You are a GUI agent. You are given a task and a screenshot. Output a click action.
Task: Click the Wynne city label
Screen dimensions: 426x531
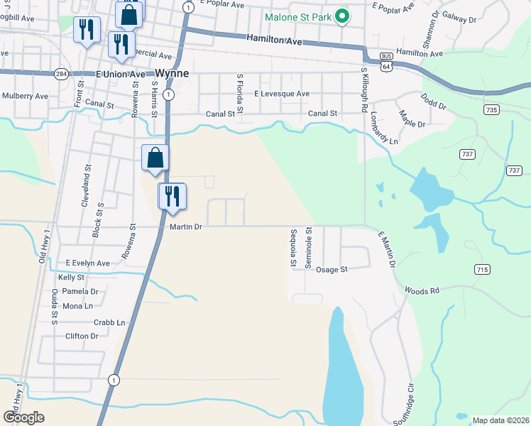pos(172,73)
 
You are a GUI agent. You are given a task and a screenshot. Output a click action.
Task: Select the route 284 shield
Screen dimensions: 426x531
pos(61,73)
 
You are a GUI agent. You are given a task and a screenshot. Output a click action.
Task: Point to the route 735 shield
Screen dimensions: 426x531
pos(491,110)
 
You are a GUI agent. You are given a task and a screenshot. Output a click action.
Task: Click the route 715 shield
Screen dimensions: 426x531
pos(483,269)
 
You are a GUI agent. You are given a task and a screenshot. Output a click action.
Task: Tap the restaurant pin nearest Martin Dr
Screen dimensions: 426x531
pos(172,196)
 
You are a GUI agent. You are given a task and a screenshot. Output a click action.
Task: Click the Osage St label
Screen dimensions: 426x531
pos(332,270)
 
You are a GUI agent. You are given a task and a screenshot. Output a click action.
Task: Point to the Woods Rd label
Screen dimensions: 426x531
pos(423,290)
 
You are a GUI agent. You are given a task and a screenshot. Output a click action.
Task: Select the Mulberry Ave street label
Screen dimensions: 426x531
pos(25,96)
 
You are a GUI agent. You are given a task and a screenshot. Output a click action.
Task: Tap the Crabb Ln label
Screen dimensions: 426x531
pos(109,322)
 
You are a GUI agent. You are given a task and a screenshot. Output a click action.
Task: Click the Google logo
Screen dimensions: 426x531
pos(24,417)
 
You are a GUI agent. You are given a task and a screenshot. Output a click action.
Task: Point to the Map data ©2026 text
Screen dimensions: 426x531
pos(500,420)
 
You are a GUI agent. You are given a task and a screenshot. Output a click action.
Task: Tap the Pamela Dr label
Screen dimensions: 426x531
pos(80,292)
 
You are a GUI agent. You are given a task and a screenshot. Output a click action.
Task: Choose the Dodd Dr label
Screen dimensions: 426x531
pos(433,101)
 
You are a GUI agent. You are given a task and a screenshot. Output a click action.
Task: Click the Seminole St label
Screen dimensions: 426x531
pos(308,248)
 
